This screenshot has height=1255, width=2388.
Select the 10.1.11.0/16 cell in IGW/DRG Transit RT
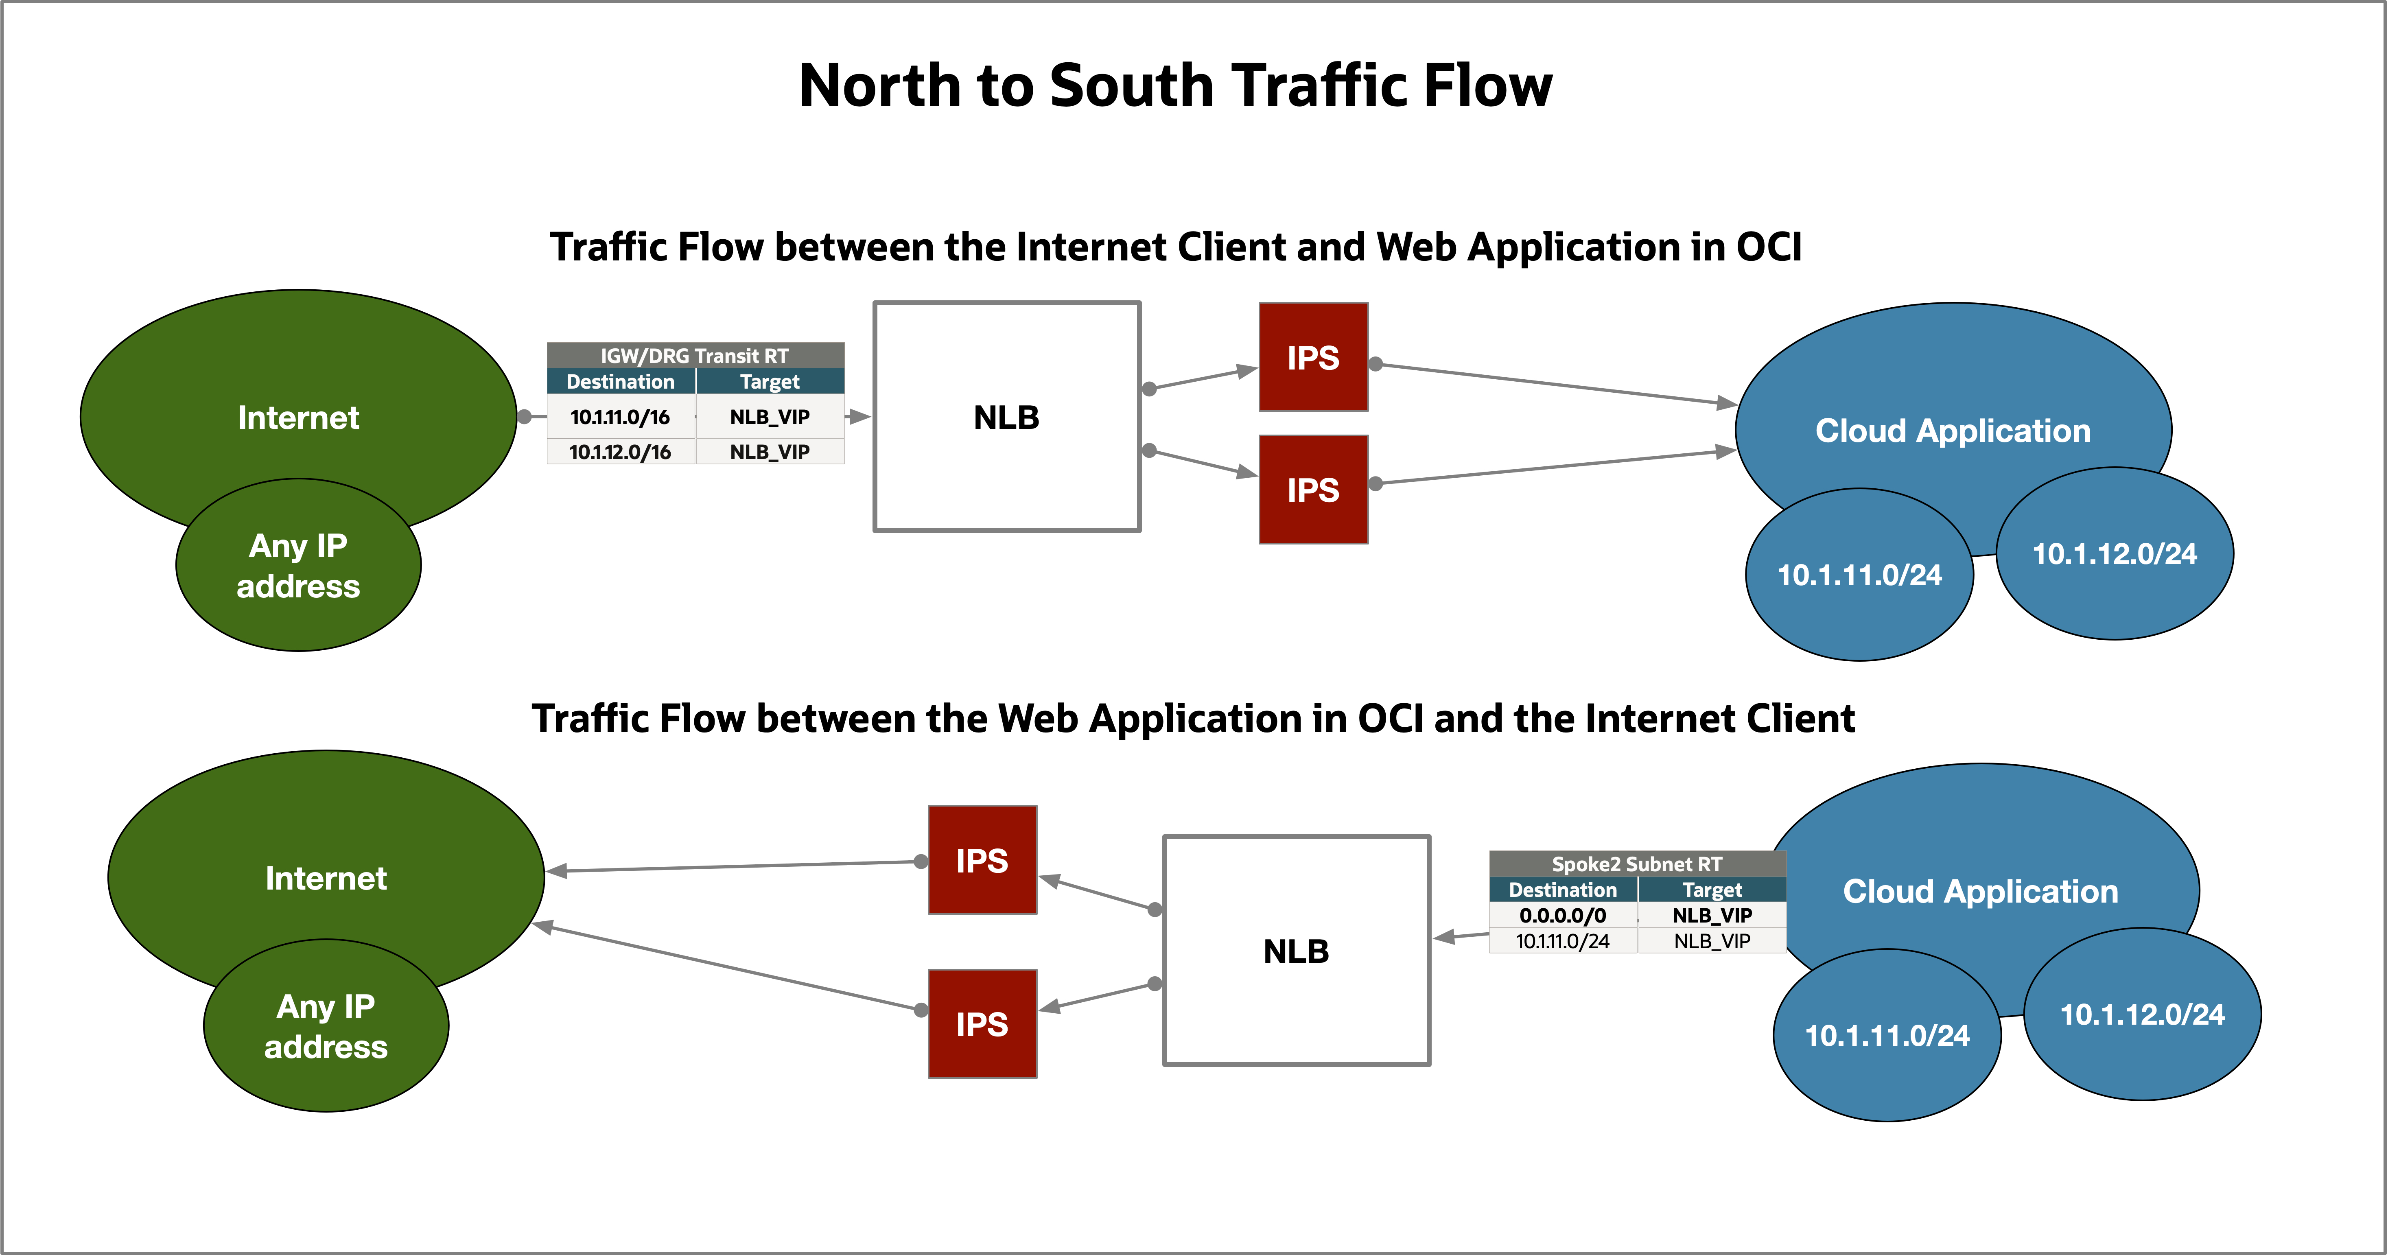(620, 417)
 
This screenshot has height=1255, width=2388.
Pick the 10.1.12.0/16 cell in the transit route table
(620, 453)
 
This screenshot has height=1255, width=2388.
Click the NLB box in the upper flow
(1007, 417)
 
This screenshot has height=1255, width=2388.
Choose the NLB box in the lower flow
(1296, 951)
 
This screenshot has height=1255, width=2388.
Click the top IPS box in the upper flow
(1313, 358)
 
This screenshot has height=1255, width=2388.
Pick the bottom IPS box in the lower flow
(982, 1024)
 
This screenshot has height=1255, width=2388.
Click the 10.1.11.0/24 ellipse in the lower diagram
(1887, 1035)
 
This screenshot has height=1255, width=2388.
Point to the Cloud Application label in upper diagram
(1952, 431)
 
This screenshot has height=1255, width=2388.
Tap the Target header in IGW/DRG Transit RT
(770, 382)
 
